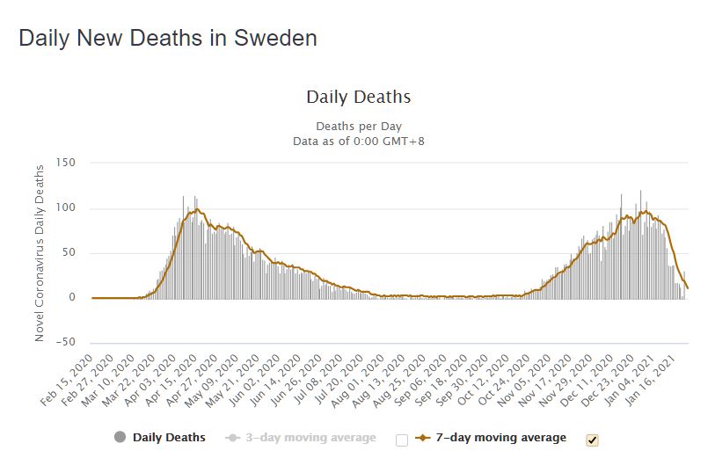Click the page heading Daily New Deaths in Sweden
click(x=167, y=38)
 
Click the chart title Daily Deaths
click(x=358, y=97)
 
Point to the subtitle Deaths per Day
click(x=358, y=126)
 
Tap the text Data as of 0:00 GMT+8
click(x=358, y=141)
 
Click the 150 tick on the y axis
click(x=66, y=164)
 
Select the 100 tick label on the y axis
click(x=66, y=208)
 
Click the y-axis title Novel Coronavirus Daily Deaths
click(x=40, y=252)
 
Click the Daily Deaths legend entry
click(x=169, y=438)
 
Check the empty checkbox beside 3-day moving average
click(x=403, y=439)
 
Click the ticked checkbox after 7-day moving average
click(x=592, y=439)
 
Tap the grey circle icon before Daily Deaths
click(x=120, y=438)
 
